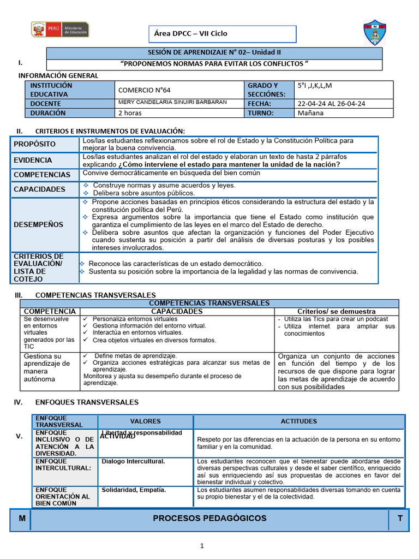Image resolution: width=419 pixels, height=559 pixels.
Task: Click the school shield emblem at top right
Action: coord(375,32)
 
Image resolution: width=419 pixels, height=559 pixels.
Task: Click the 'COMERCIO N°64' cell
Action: coord(140,90)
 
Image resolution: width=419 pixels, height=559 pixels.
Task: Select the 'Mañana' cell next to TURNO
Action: coord(310,113)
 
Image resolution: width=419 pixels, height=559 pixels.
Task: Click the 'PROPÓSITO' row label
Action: coord(35,144)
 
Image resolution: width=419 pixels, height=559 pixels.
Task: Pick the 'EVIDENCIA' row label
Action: coord(33,160)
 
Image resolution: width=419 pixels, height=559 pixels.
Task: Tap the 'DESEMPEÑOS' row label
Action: coord(38,224)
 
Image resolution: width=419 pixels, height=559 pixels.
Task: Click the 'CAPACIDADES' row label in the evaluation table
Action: coord(39,189)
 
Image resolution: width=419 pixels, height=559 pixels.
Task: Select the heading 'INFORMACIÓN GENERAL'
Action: coord(58,75)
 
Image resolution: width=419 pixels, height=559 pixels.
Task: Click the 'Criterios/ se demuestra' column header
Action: coord(337,311)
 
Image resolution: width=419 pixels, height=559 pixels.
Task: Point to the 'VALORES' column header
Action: coord(145,421)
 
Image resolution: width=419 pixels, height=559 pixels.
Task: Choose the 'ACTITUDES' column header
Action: coord(298,421)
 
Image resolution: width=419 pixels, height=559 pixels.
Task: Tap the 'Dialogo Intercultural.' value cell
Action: coord(133,461)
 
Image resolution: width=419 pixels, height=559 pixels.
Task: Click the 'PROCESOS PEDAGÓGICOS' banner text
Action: coord(209,518)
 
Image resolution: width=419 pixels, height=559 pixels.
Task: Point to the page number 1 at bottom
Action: coord(201,545)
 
